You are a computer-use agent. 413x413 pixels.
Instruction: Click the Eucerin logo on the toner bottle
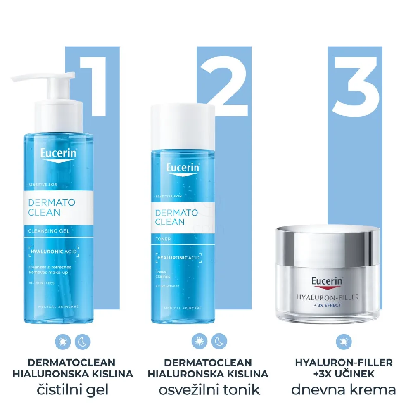click(183, 168)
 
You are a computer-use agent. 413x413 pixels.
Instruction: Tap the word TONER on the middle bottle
click(163, 239)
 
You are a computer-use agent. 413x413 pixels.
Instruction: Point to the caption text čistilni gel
click(73, 389)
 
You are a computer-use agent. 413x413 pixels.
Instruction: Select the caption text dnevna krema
click(344, 389)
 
